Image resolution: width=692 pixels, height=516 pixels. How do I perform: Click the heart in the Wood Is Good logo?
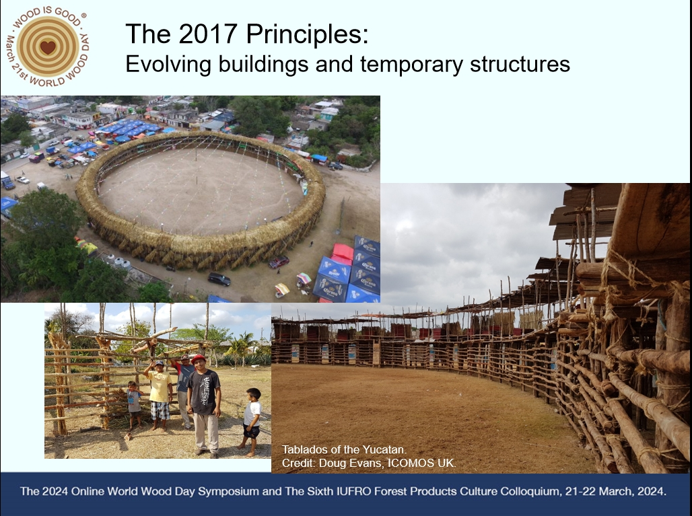tap(48, 46)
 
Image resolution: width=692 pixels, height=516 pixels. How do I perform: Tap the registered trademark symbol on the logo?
tap(83, 15)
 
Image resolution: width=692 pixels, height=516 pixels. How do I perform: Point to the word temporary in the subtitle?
tap(412, 65)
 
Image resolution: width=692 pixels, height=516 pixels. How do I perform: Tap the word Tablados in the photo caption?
tap(303, 449)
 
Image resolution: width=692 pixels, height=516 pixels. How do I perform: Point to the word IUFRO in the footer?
tap(379, 491)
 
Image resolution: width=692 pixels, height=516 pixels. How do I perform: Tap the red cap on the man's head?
tap(199, 359)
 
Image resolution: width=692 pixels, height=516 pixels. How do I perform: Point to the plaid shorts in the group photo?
tap(160, 410)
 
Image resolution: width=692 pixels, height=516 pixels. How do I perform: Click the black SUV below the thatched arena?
tap(219, 279)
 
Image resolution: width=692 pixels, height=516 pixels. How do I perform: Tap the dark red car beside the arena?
tap(279, 262)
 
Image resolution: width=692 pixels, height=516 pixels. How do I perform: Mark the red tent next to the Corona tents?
tap(343, 254)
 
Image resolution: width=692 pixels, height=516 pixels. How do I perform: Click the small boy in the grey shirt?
tap(133, 405)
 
